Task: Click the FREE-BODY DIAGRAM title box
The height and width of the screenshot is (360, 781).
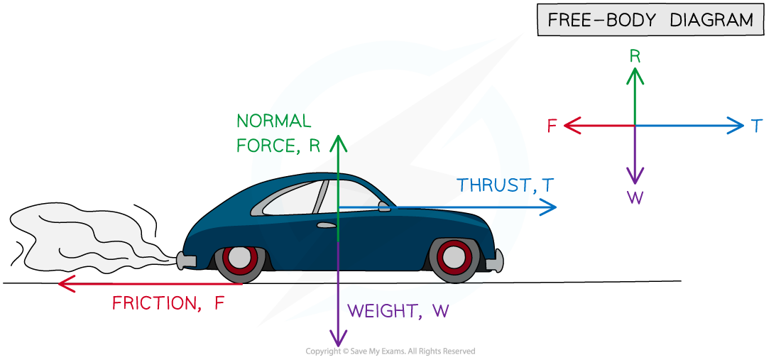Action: pyautogui.click(x=650, y=20)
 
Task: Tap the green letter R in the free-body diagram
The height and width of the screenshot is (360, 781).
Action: pyautogui.click(x=635, y=55)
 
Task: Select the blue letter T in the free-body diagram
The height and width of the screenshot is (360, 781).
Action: pyautogui.click(x=756, y=126)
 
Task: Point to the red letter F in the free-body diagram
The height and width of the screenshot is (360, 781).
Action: pyautogui.click(x=552, y=126)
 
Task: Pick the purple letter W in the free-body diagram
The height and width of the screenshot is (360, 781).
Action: pyautogui.click(x=635, y=197)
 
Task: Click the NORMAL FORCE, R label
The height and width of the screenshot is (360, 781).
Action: pyautogui.click(x=277, y=133)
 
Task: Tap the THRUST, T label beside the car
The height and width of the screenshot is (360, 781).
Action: pyautogui.click(x=505, y=186)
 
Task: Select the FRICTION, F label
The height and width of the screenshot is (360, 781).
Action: pyautogui.click(x=168, y=303)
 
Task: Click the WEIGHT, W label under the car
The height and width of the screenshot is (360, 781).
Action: pyautogui.click(x=398, y=311)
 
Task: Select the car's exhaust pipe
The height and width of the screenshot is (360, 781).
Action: pyautogui.click(x=185, y=261)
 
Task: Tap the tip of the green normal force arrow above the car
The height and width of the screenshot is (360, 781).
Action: pyautogui.click(x=339, y=139)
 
